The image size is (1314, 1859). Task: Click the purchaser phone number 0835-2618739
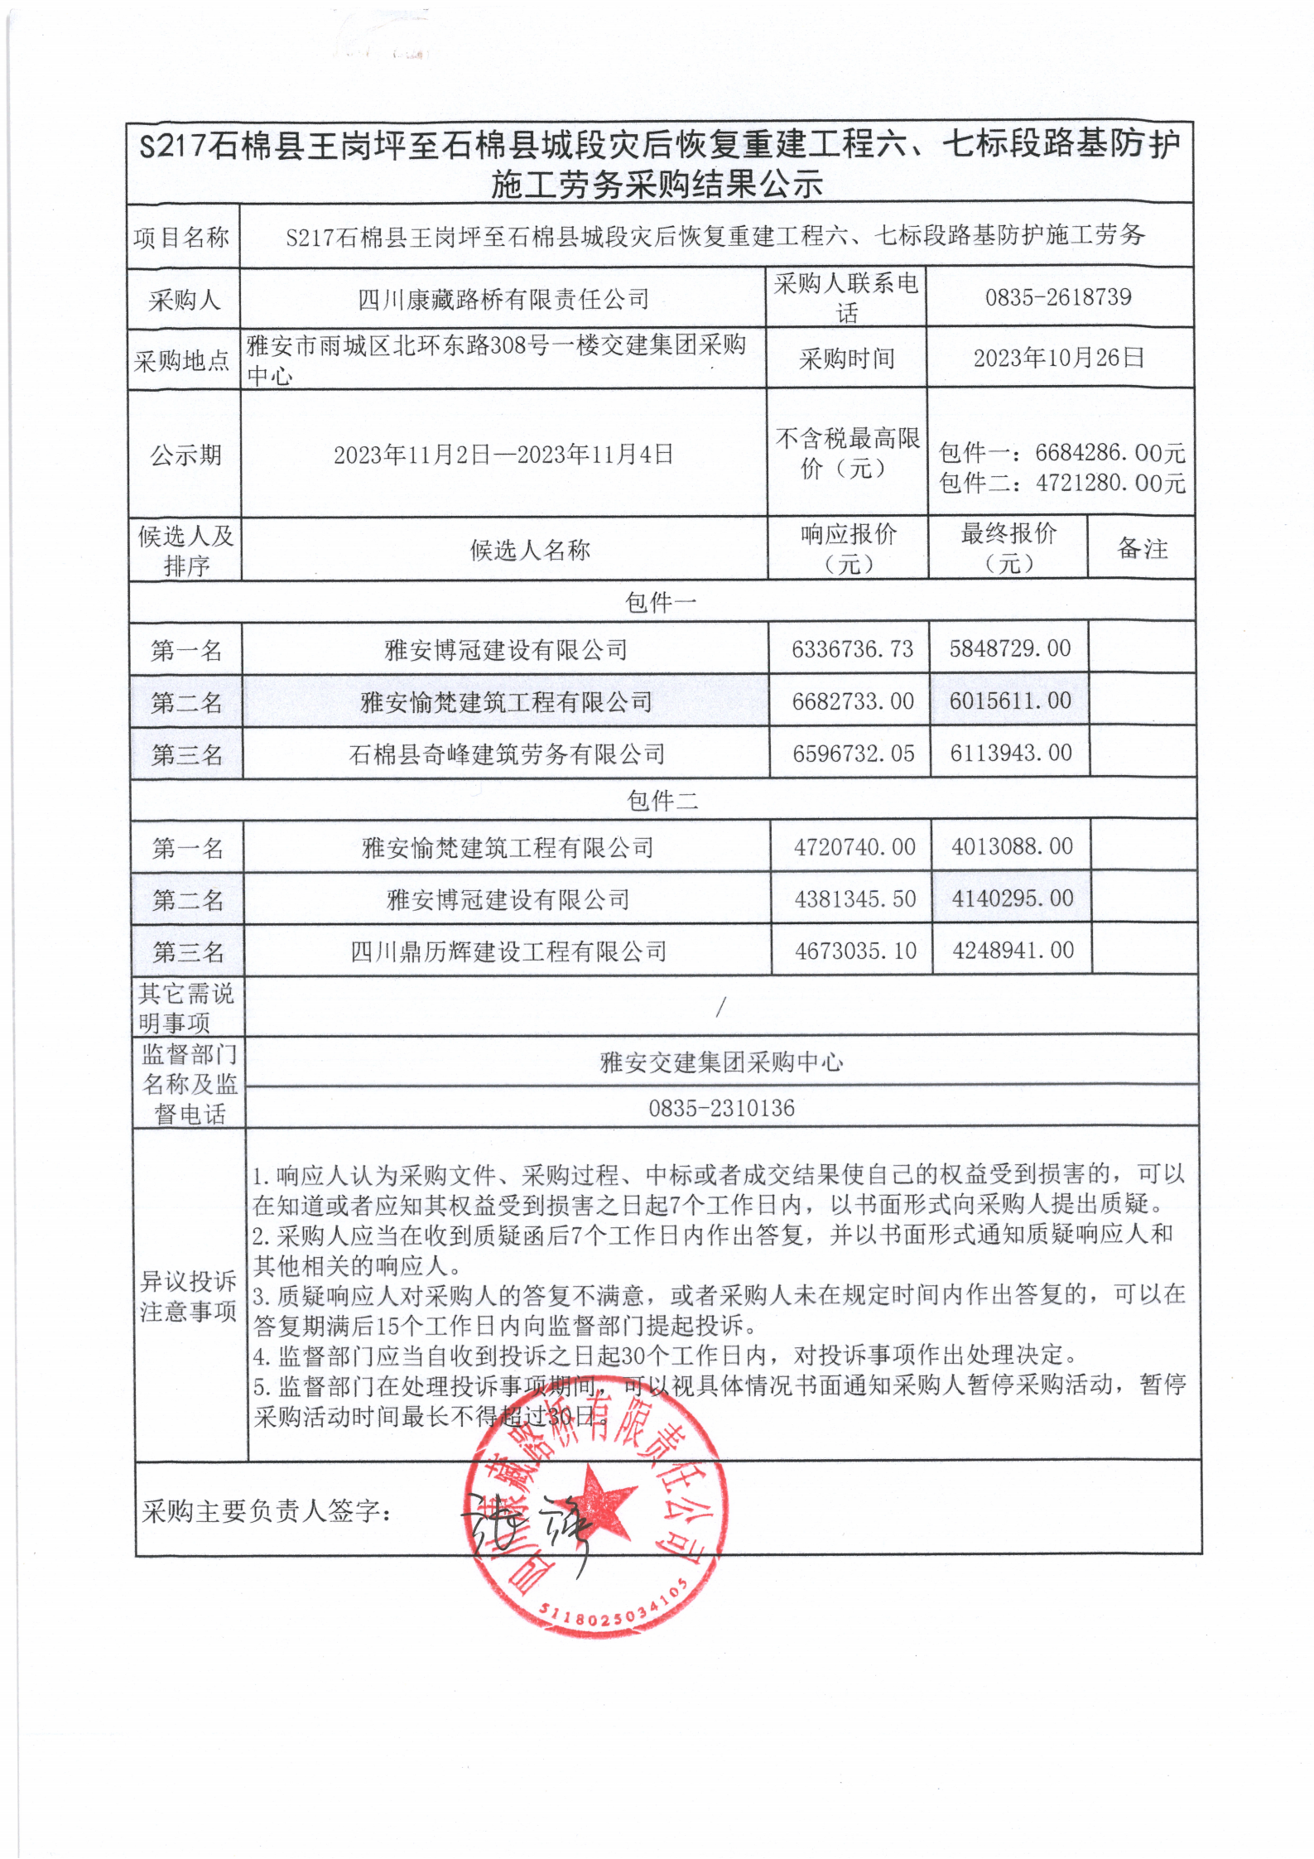[x=1057, y=297]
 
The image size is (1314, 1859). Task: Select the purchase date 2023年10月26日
[x=1058, y=358]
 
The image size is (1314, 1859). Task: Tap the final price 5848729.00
[x=1009, y=648]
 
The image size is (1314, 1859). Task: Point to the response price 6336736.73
[x=852, y=649]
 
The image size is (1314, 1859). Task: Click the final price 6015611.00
[x=1010, y=701]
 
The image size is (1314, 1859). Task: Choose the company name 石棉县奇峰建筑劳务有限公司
[x=507, y=754]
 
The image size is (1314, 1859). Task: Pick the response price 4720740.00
[x=854, y=847]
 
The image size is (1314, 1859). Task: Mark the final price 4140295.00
[x=1012, y=898]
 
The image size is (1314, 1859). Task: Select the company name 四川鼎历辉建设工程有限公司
[x=508, y=951]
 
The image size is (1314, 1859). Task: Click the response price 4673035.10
[x=855, y=951]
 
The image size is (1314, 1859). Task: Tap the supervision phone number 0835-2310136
[x=721, y=1108]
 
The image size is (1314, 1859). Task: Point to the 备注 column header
[x=1142, y=549]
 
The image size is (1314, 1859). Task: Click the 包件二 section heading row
[x=662, y=800]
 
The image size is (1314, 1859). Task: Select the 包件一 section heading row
[x=661, y=602]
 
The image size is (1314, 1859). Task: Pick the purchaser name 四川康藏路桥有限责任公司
[x=503, y=299]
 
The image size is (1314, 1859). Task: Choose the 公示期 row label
[x=185, y=455]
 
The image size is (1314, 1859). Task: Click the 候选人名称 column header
[x=530, y=550]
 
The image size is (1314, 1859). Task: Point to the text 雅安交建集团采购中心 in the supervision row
[x=721, y=1062]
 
